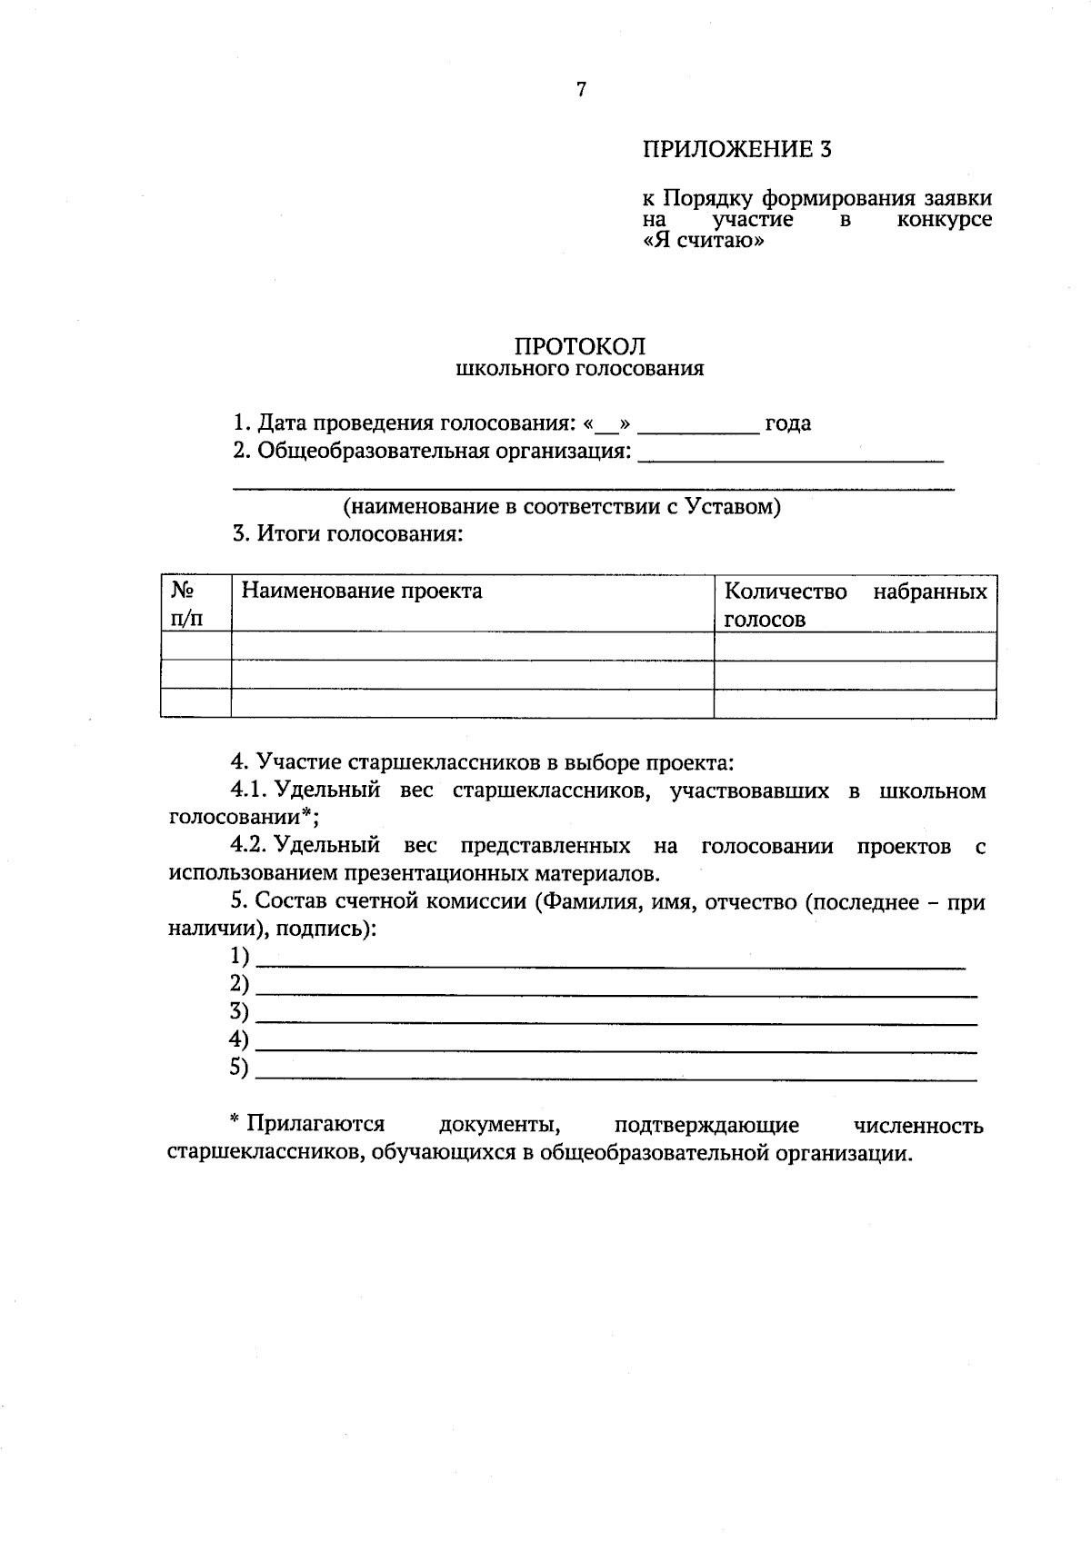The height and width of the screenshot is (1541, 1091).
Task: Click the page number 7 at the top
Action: click(x=582, y=89)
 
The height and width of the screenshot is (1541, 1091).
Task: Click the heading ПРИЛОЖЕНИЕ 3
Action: click(x=736, y=150)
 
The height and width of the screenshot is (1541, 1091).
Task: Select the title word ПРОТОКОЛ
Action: click(x=580, y=346)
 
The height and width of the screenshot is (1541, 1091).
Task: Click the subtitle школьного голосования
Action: click(x=579, y=370)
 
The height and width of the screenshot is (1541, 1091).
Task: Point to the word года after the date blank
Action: click(x=787, y=423)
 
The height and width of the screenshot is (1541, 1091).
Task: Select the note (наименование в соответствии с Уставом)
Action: click(x=561, y=507)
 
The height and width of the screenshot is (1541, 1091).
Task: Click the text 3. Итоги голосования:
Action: click(x=348, y=534)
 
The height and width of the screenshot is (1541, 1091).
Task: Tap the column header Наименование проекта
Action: click(x=361, y=592)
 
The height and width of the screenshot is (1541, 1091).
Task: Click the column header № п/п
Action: click(x=186, y=605)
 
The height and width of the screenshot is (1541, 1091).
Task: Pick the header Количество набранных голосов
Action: click(x=855, y=605)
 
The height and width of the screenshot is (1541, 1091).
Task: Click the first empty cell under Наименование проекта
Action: click(x=472, y=646)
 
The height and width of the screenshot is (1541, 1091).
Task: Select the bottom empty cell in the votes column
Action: click(x=855, y=703)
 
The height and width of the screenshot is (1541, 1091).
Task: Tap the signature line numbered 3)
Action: click(x=616, y=1014)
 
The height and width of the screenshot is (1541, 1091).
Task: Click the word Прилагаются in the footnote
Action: click(x=315, y=1125)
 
